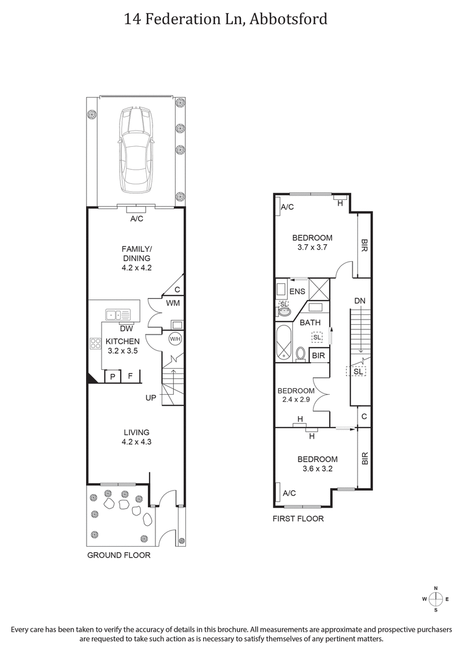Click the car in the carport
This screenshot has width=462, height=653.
(136, 151)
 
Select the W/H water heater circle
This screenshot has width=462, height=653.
(174, 339)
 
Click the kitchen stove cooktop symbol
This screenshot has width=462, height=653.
(95, 344)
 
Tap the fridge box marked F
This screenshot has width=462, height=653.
(131, 376)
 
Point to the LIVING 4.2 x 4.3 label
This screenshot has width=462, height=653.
(136, 437)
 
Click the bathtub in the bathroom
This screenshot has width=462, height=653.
(284, 344)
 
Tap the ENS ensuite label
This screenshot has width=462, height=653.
(297, 292)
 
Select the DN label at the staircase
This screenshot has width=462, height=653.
(360, 301)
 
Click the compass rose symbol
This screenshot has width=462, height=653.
(437, 599)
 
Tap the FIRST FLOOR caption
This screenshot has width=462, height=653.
(298, 519)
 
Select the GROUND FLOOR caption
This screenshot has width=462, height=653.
(118, 555)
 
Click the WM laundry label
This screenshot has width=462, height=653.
(172, 302)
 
